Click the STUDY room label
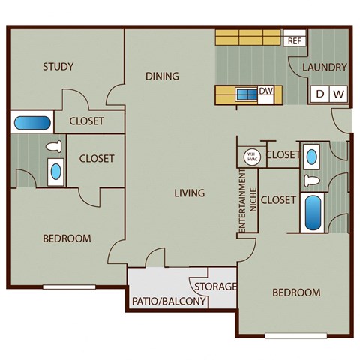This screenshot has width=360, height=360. pyautogui.click(x=58, y=67)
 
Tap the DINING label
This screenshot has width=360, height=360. pyautogui.click(x=162, y=76)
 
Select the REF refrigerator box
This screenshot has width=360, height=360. pyautogui.click(x=293, y=40)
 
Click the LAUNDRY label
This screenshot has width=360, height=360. pyautogui.click(x=325, y=67)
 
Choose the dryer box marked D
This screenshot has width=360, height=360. pyautogui.click(x=320, y=94)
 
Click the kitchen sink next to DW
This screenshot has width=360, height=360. pyautogui.click(x=246, y=94)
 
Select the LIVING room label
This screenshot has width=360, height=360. pyautogui.click(x=189, y=193)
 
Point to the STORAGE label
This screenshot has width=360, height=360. pyautogui.click(x=215, y=286)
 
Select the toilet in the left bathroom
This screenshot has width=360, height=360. pyautogui.click(x=53, y=147)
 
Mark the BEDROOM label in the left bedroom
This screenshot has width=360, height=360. pyautogui.click(x=67, y=238)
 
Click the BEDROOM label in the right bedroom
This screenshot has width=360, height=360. pyautogui.click(x=295, y=292)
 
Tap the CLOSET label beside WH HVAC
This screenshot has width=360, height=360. pyautogui.click(x=283, y=155)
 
